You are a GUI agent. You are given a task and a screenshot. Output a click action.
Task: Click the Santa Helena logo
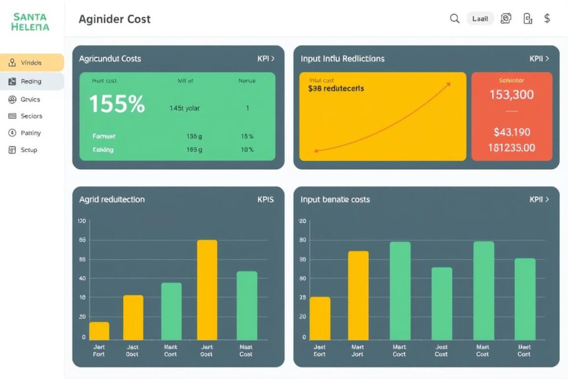pos(31,22)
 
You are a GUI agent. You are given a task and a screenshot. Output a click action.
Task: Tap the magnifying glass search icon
pos(454,19)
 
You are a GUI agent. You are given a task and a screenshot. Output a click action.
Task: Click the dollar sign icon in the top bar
pos(547,19)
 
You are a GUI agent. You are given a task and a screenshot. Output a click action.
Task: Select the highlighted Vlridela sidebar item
pos(32,63)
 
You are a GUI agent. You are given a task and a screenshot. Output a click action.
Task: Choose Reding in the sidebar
pos(31,81)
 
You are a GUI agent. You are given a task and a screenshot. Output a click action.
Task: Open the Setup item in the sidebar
pos(28,150)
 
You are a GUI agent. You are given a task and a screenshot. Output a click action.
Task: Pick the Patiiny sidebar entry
pos(31,133)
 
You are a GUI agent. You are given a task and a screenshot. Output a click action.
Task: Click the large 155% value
pos(117,104)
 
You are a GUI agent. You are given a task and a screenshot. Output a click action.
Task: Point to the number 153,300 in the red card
pos(511,95)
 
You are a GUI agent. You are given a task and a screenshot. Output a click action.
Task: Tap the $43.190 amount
pos(511,132)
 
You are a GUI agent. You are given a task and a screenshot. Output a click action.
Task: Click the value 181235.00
pos(511,148)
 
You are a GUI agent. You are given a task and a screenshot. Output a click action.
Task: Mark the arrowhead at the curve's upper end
pos(448,84)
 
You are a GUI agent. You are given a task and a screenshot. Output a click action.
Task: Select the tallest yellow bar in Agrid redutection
pos(207,290)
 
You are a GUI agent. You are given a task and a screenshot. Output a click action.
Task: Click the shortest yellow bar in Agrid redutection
pos(99,331)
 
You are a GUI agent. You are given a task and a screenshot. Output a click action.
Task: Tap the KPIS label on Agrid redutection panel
pos(265,199)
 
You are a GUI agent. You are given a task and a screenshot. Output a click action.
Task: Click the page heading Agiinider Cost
pos(114,19)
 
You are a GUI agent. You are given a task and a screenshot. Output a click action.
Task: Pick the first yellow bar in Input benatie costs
pos(320,318)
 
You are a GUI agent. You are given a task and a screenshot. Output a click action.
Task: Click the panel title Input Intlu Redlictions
pos(342,58)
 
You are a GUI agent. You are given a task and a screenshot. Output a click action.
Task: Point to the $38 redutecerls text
pos(336,88)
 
